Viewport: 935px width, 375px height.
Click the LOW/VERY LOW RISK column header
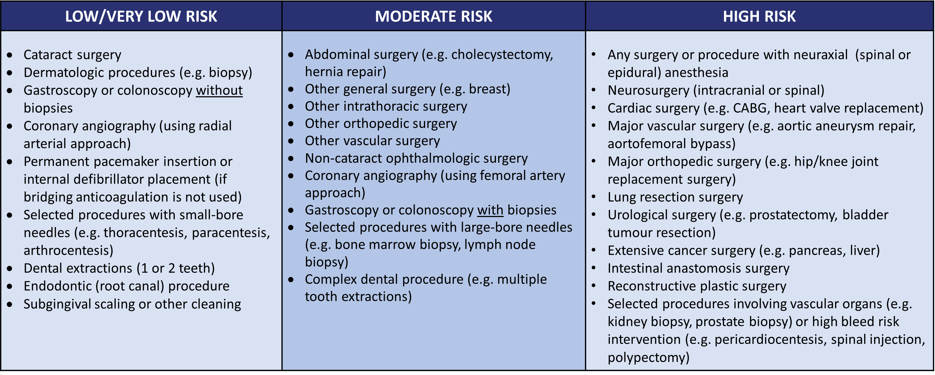pos(141,16)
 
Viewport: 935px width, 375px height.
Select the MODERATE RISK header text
pos(433,16)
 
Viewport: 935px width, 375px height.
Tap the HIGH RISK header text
pos(759,16)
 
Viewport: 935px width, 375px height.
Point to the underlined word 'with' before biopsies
pos(490,210)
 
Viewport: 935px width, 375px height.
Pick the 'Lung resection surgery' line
pos(675,197)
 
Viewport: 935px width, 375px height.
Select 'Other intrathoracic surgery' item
pos(386,106)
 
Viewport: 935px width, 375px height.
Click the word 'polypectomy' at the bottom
pos(648,357)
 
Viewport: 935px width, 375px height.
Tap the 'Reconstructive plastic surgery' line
pos(697,286)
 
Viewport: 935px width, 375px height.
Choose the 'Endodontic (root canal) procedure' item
pos(126,286)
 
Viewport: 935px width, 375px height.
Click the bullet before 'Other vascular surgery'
pos(291,141)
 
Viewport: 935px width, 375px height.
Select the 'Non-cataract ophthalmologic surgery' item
pos(416,159)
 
